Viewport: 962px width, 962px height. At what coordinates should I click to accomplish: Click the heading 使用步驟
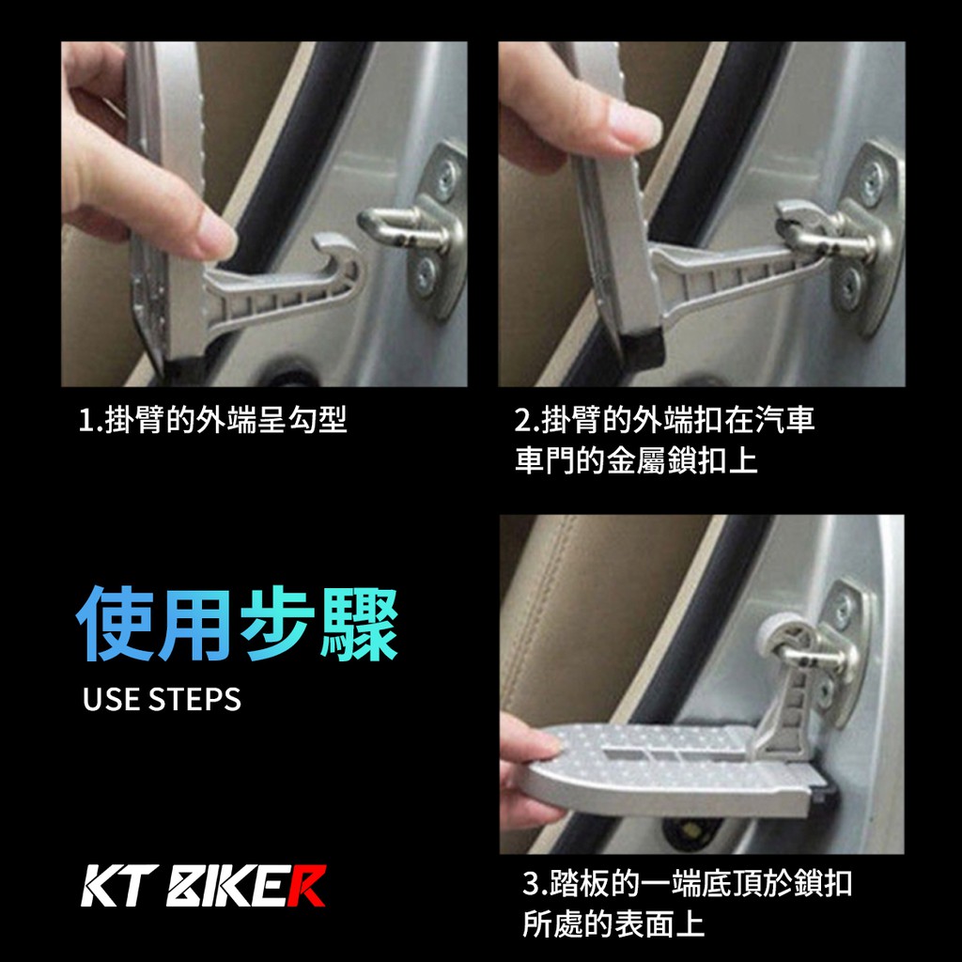click(x=237, y=624)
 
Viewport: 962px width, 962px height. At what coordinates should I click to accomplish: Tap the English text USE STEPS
click(x=162, y=699)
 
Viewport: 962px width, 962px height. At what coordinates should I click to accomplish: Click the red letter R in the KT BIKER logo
click(x=307, y=885)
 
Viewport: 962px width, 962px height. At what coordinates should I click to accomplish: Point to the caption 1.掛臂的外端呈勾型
click(x=213, y=420)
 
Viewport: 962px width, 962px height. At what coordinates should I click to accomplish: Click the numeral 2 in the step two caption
click(x=522, y=420)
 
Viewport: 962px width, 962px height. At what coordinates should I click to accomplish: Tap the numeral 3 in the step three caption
click(x=531, y=884)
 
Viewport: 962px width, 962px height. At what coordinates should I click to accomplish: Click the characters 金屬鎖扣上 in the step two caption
click(x=682, y=460)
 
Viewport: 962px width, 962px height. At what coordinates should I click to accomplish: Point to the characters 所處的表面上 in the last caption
click(x=613, y=924)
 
